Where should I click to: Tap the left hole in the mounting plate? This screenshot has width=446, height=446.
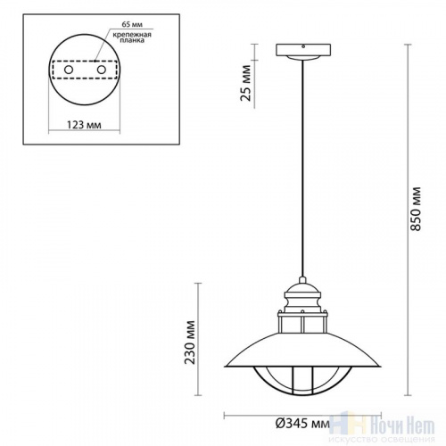(68, 70)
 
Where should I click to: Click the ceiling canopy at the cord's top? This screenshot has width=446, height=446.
(303, 51)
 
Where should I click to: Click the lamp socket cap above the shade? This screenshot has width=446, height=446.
(303, 293)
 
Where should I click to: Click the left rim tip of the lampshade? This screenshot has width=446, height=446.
(223, 368)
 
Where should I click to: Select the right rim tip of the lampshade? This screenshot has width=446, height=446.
(384, 368)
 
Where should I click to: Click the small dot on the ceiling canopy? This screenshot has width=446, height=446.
(303, 47)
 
